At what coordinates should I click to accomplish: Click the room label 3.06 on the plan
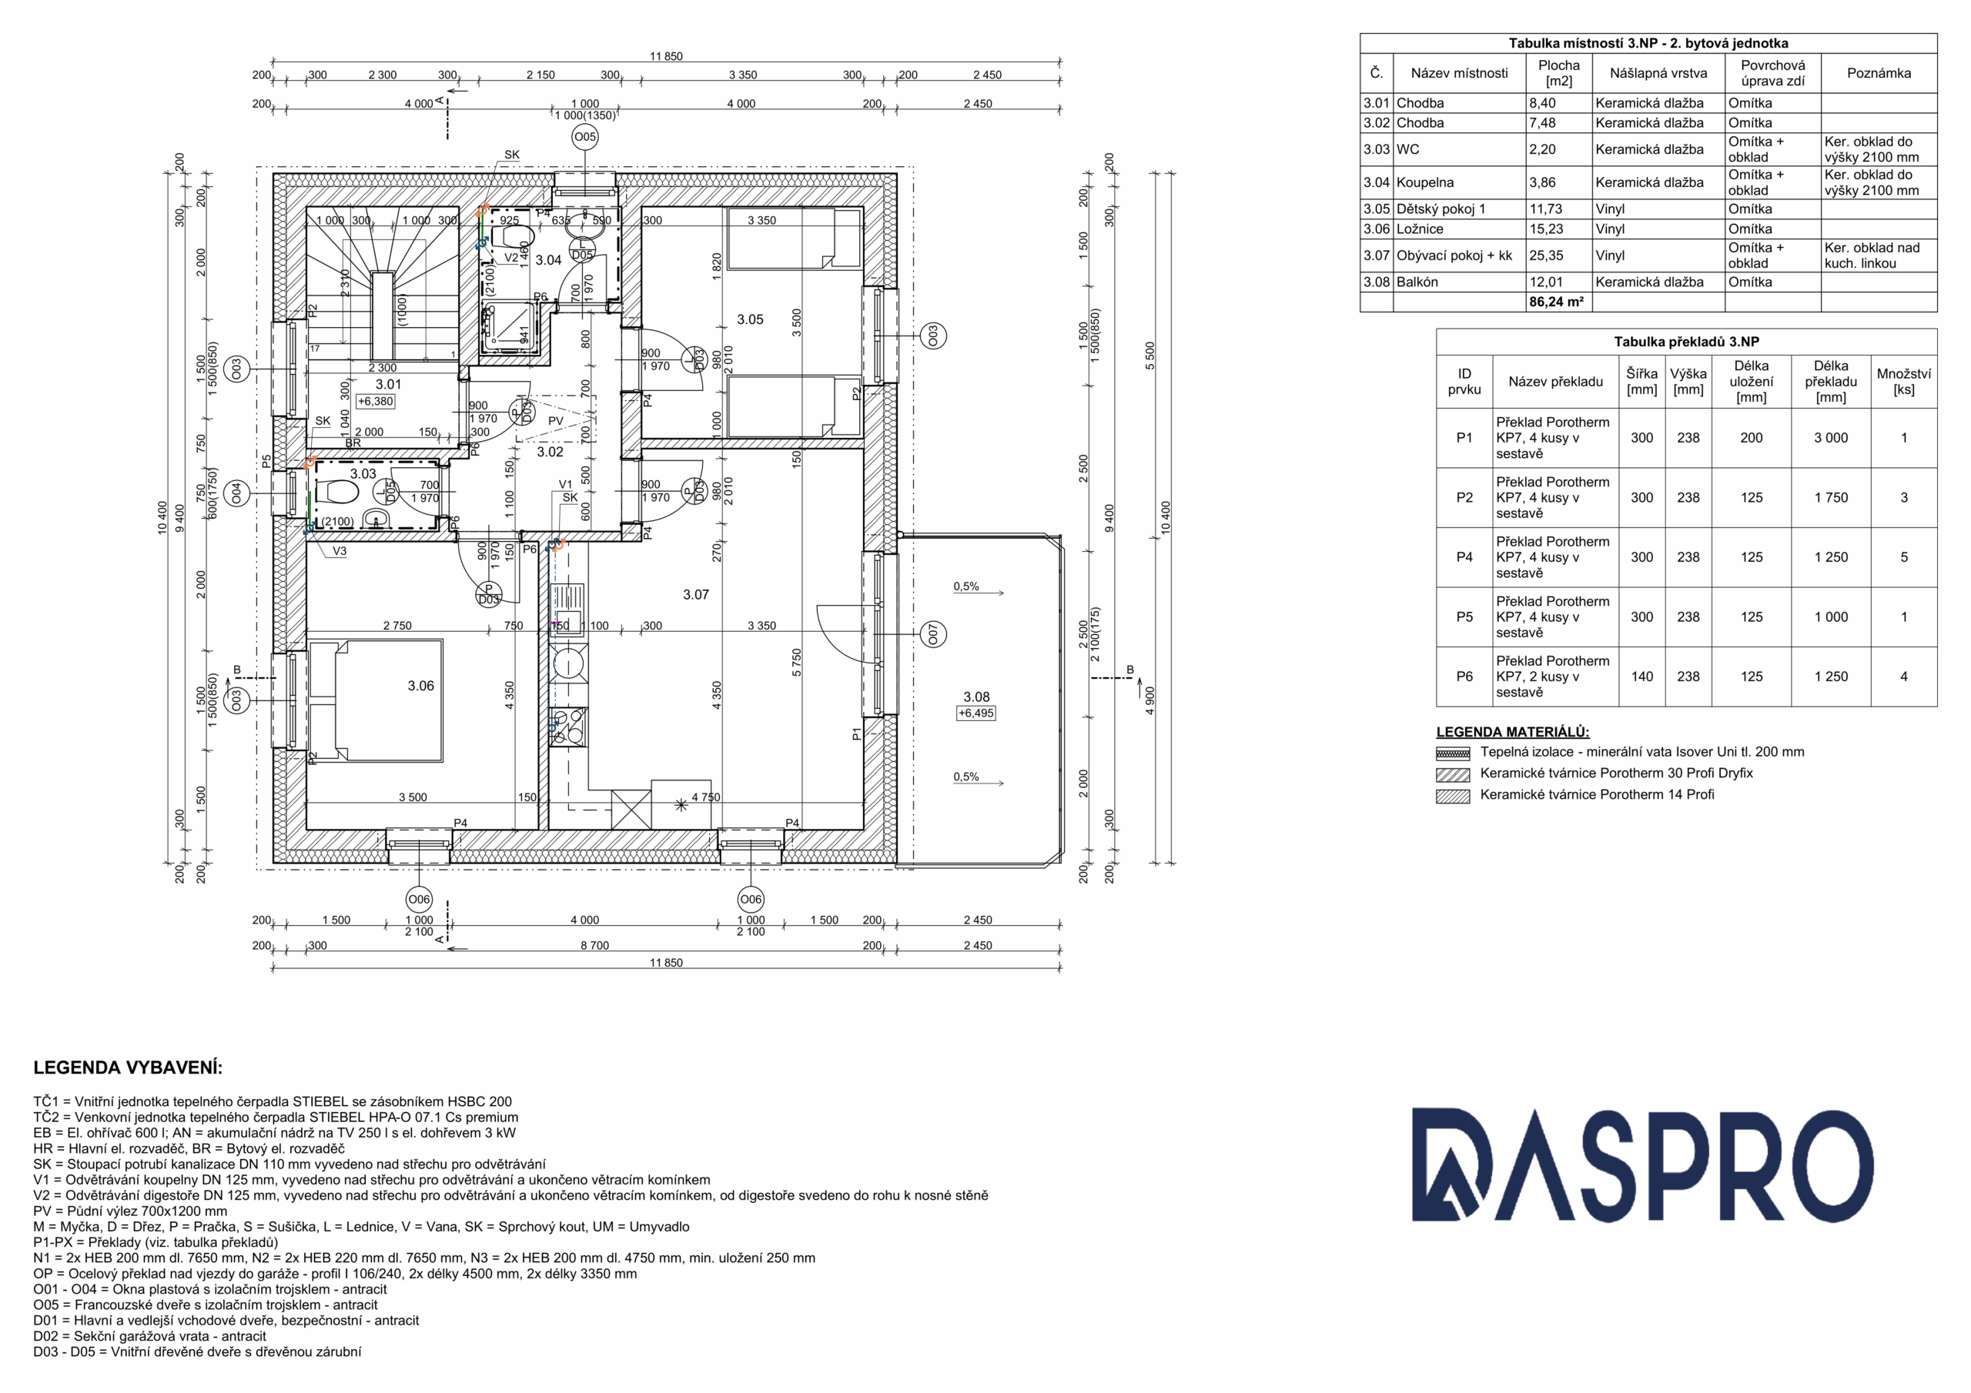[x=420, y=686]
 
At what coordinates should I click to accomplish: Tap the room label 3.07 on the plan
[x=696, y=594]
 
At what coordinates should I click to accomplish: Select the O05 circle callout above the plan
[x=584, y=136]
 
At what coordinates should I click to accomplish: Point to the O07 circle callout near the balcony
[x=934, y=634]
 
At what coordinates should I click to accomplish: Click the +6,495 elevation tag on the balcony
[x=976, y=713]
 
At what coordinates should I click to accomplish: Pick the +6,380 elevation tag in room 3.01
[x=375, y=401]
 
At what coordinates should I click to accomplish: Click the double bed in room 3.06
[x=376, y=700]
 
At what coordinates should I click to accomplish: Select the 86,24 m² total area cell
[x=1556, y=302]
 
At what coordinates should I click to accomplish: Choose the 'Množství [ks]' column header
[x=1903, y=381]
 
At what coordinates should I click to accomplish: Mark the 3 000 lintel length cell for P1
[x=1830, y=438]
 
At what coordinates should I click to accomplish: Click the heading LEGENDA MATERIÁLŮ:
[x=1513, y=732]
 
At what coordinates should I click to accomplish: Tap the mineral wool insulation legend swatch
[x=1453, y=753]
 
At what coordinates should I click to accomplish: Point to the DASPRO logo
[x=1642, y=1164]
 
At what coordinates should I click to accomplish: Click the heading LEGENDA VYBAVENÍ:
[x=128, y=1067]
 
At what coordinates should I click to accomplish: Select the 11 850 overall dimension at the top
[x=666, y=57]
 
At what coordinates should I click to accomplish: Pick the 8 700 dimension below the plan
[x=595, y=945]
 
